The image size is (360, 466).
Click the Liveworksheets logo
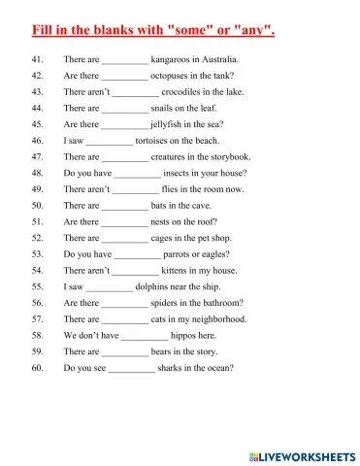[x=302, y=454]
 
